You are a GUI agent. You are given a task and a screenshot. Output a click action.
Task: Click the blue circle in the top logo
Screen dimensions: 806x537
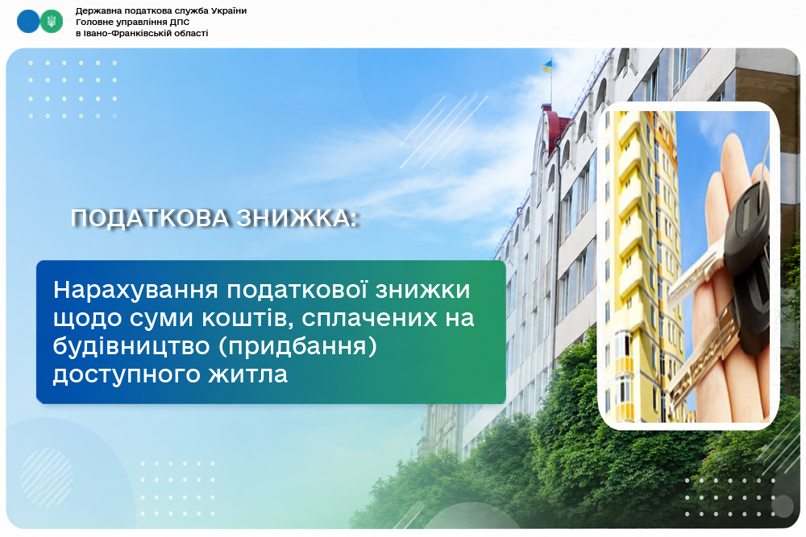tap(27, 22)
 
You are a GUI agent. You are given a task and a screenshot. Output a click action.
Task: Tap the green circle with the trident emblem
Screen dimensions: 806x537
tap(52, 22)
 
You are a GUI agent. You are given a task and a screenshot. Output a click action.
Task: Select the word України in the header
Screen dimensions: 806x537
tap(229, 10)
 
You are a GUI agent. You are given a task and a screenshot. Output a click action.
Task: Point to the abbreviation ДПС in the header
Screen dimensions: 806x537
tap(181, 22)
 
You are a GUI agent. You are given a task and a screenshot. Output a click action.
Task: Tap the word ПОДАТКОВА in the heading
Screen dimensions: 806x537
tap(150, 218)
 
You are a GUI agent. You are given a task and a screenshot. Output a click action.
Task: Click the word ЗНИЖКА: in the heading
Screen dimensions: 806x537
tap(297, 218)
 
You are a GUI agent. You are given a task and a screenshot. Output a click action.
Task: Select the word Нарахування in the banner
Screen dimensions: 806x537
tap(136, 290)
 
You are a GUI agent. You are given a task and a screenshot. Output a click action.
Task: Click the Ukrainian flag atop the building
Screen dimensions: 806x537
tap(547, 66)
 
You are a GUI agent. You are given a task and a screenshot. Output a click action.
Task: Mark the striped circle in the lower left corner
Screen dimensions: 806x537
tap(47, 477)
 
